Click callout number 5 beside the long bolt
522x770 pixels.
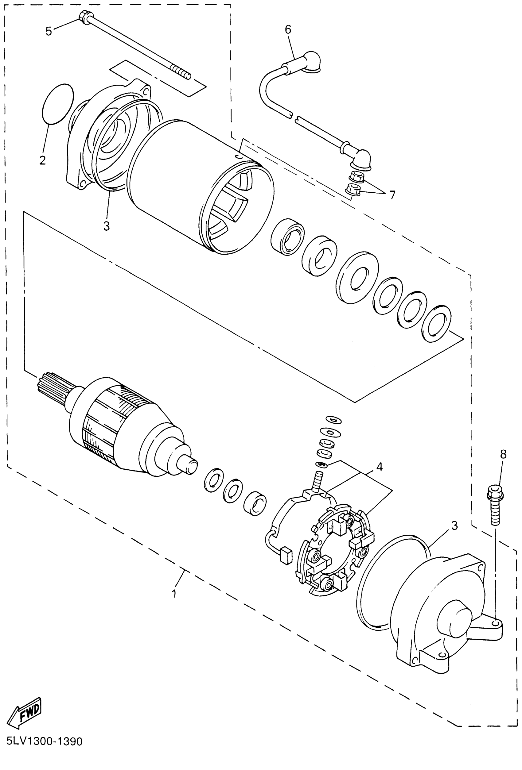[x=49, y=32]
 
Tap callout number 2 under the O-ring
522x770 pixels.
[x=42, y=160]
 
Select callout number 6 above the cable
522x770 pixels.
[x=288, y=30]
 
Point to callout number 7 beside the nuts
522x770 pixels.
[x=392, y=195]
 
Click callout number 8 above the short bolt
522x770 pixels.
[x=504, y=454]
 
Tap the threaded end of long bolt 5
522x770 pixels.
[x=181, y=71]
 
